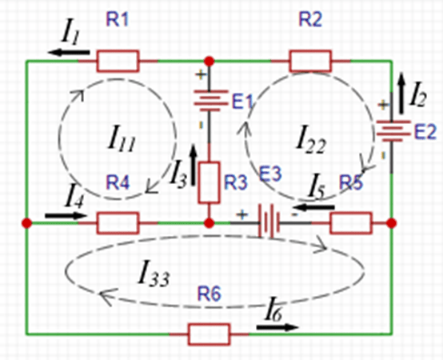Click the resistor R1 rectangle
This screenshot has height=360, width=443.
click(x=118, y=61)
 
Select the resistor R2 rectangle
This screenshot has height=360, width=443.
click(x=310, y=61)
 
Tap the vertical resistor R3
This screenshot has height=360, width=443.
click(x=209, y=182)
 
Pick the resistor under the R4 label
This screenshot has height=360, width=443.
click(x=118, y=223)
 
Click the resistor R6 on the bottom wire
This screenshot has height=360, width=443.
click(x=209, y=334)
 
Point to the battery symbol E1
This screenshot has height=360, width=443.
click(x=211, y=101)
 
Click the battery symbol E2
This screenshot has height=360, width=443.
click(x=393, y=131)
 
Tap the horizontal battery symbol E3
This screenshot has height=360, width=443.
click(x=269, y=222)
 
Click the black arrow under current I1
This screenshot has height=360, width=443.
click(x=69, y=52)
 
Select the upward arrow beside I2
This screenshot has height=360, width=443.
click(x=401, y=94)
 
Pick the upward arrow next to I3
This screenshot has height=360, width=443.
click(x=194, y=166)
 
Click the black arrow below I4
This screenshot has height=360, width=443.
click(x=66, y=216)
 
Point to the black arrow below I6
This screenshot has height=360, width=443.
click(x=277, y=327)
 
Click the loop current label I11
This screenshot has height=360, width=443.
click(x=122, y=138)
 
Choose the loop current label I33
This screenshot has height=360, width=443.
click(x=154, y=273)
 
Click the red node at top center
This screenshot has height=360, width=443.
click(x=209, y=61)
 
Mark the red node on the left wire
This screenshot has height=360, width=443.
click(x=27, y=223)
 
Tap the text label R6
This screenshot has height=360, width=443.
click(x=209, y=294)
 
